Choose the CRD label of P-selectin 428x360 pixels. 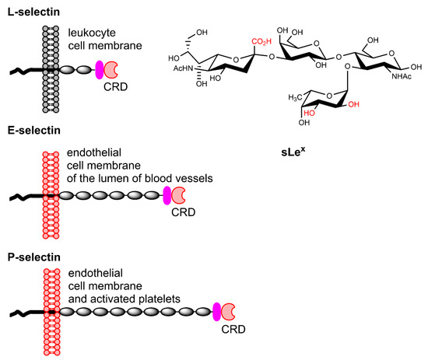click(x=232, y=330)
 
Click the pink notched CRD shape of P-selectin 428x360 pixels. click(x=229, y=312)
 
